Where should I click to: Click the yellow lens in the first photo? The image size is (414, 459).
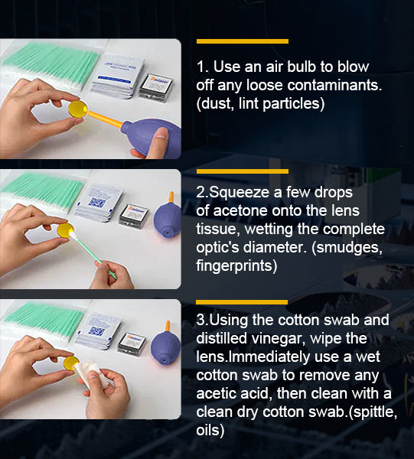[x=78, y=109]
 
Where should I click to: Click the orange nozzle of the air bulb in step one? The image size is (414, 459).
[x=105, y=119]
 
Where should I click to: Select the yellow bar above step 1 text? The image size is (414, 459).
[x=243, y=41]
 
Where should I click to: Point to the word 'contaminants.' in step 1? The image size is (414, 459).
[x=334, y=86]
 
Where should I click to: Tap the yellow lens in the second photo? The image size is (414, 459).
[x=65, y=230]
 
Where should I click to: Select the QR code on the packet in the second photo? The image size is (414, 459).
[x=97, y=203]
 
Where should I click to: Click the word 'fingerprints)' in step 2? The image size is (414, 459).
[x=236, y=265]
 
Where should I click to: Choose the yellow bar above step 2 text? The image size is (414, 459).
[x=243, y=171]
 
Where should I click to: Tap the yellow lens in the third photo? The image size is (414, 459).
[x=71, y=363]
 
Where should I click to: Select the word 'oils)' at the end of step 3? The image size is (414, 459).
[x=210, y=430]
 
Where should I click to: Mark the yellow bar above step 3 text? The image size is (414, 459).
[x=242, y=302]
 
